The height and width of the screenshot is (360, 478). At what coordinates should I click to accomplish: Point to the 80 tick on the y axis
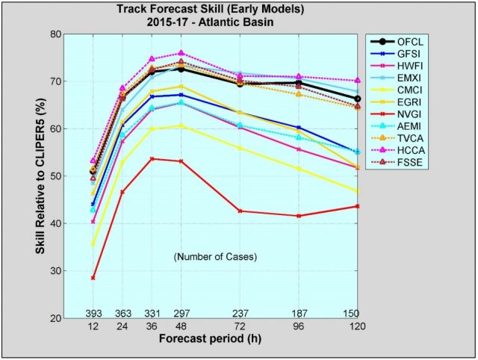(x=56, y=34)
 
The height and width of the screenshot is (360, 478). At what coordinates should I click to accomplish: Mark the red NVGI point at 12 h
(x=93, y=278)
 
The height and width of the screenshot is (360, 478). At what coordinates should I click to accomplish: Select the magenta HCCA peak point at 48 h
(x=181, y=53)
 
